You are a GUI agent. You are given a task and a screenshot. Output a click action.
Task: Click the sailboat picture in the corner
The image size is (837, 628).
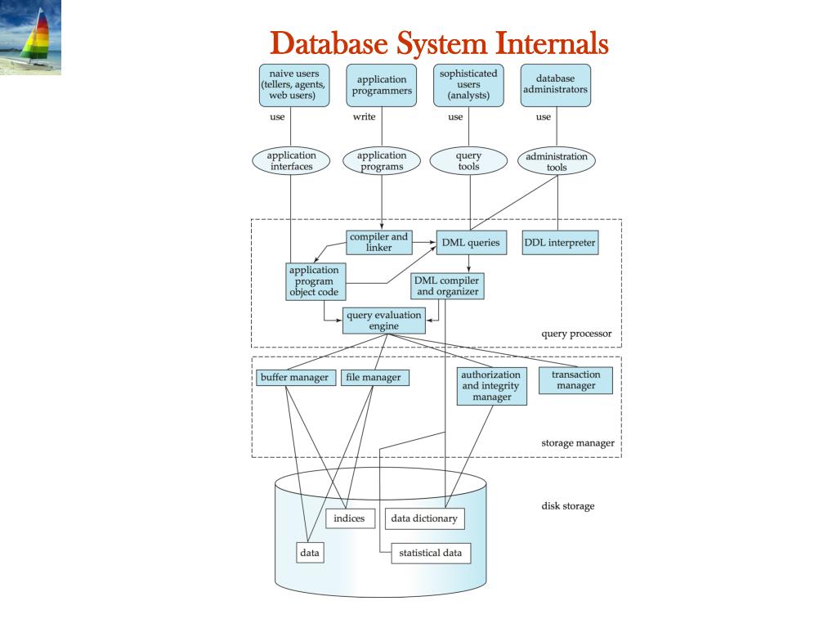tap(30, 37)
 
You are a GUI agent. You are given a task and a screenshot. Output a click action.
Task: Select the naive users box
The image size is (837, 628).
tap(294, 85)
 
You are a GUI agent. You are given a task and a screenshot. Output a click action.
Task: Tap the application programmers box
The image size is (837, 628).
tap(381, 85)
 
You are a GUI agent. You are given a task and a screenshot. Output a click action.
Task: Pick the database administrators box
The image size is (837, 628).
tap(556, 85)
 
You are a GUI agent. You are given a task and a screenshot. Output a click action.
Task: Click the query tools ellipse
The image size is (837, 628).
tap(468, 161)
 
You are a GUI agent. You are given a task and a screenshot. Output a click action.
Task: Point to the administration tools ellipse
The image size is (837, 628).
tap(557, 161)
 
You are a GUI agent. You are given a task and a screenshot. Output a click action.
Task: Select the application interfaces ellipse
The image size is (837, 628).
tap(291, 161)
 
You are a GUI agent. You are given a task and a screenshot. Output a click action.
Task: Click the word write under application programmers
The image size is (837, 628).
tap(364, 116)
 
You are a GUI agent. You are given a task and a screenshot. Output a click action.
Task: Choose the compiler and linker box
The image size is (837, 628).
tap(379, 242)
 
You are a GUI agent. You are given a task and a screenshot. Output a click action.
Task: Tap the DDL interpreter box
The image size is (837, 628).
tap(560, 242)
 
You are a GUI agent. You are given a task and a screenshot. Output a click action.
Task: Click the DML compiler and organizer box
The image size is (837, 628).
tap(447, 285)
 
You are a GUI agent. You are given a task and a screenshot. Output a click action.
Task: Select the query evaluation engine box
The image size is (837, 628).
tap(384, 321)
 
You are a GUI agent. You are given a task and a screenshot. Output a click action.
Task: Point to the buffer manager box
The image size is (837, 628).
tap(295, 378)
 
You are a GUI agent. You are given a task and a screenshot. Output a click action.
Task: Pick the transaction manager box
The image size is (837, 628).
tap(575, 380)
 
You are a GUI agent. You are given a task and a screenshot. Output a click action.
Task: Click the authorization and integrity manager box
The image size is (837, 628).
tap(491, 386)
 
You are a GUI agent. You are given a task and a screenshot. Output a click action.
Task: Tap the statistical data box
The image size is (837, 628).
tap(431, 554)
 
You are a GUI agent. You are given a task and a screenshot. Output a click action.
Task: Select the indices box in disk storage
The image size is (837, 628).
tap(350, 518)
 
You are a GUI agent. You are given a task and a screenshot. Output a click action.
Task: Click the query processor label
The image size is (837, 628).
tap(576, 334)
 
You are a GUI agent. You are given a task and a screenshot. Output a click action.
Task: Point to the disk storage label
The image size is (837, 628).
tap(568, 505)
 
